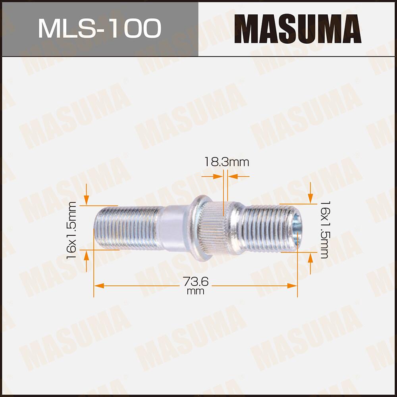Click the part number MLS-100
pyautogui.click(x=99, y=28)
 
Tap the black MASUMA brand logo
pyautogui.click(x=297, y=29)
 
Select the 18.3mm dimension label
pyautogui.click(x=227, y=162)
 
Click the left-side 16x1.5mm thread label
pyautogui.click(x=72, y=231)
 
